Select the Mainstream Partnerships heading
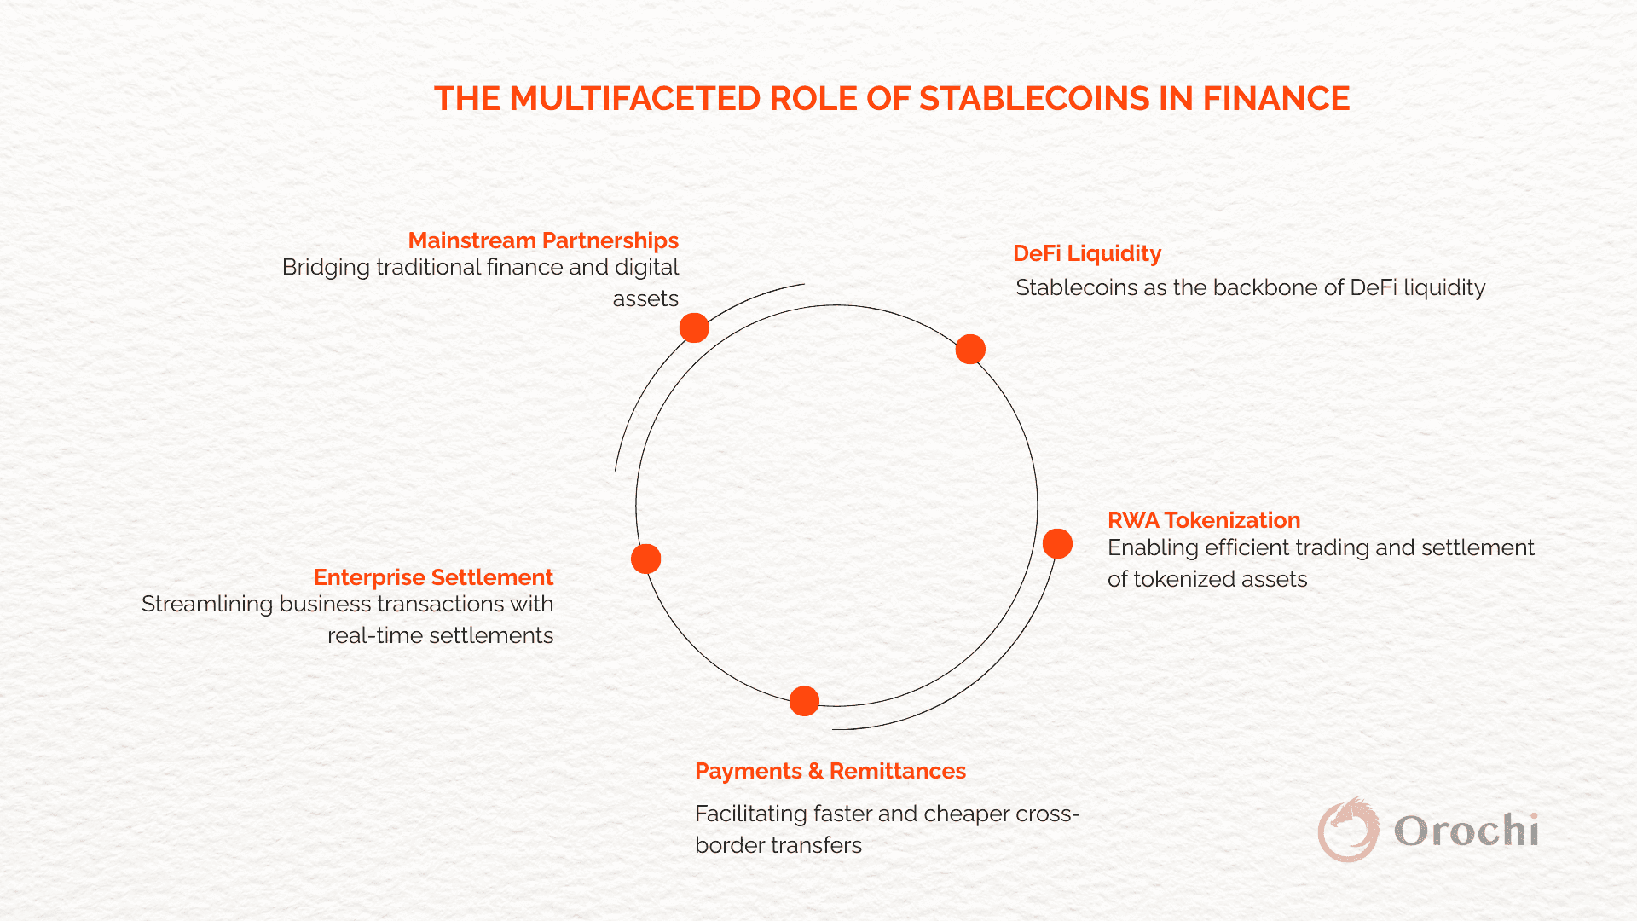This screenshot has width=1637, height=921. (543, 240)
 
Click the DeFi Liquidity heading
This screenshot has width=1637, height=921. (1087, 253)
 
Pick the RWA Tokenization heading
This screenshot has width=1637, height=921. (1204, 520)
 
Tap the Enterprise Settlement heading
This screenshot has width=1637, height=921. (433, 577)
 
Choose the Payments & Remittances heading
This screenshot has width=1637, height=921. (830, 771)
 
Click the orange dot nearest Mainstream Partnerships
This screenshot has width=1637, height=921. (694, 327)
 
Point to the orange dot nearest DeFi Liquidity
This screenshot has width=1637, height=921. (970, 349)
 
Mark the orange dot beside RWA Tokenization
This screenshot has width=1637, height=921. (1057, 543)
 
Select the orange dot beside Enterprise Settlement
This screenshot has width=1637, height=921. (645, 559)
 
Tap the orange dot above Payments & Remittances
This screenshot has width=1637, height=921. (804, 701)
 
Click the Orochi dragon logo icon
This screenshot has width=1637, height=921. (1348, 829)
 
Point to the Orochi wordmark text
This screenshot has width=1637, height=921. (1466, 831)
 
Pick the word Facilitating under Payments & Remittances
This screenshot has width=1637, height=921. (751, 814)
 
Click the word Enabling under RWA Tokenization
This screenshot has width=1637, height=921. (1153, 548)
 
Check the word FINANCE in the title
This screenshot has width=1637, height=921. (1276, 99)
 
